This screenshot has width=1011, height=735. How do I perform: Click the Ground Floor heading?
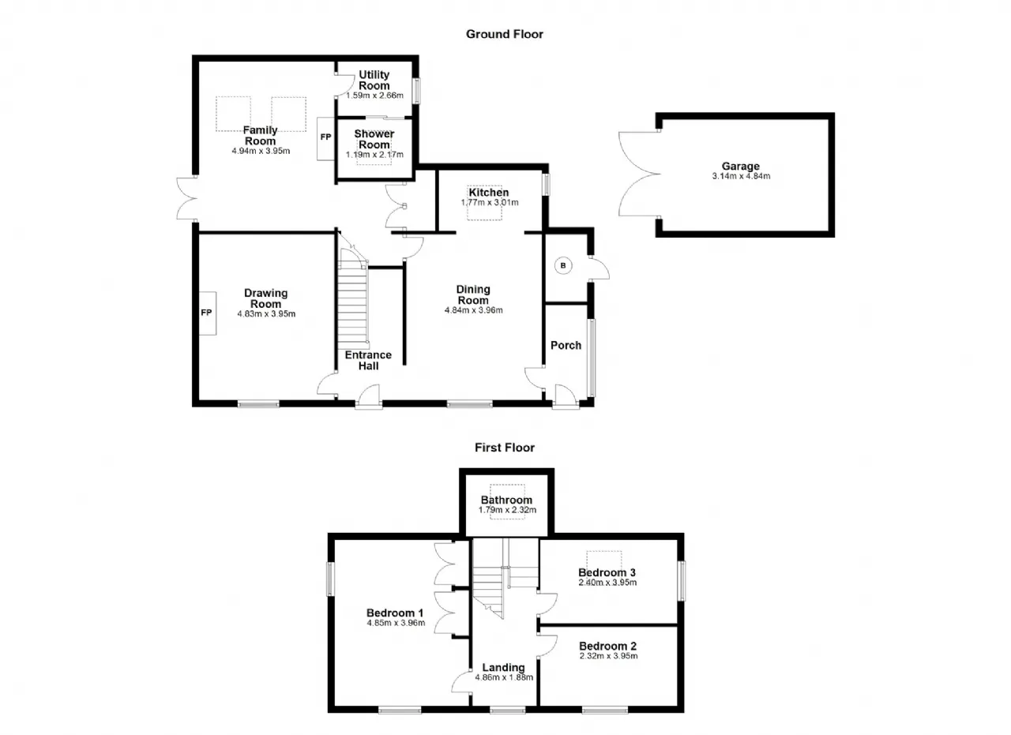(x=504, y=34)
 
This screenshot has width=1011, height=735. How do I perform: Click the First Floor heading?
(x=504, y=448)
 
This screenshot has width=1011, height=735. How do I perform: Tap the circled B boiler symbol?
(x=563, y=266)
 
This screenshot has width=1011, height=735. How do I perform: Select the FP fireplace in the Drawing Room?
(x=207, y=313)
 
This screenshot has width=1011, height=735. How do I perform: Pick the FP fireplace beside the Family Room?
(x=325, y=138)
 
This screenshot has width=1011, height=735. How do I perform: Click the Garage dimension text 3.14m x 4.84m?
(x=741, y=176)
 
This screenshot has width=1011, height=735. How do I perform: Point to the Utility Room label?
(x=374, y=80)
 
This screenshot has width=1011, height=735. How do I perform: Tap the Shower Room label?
(x=374, y=139)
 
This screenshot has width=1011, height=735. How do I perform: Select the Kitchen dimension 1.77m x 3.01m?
(x=489, y=203)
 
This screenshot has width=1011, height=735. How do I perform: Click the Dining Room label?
(x=473, y=294)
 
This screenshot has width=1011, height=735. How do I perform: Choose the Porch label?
(x=566, y=346)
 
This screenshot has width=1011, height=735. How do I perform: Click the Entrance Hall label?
(x=368, y=360)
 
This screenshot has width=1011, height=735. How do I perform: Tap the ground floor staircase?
(x=353, y=298)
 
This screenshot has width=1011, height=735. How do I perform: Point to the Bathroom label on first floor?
(x=506, y=500)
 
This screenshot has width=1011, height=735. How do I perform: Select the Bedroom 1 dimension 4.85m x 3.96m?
(x=396, y=623)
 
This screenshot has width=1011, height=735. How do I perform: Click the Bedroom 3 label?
(x=607, y=572)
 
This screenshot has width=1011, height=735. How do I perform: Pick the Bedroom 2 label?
(x=608, y=646)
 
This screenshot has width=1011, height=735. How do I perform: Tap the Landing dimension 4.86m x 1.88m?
(x=504, y=677)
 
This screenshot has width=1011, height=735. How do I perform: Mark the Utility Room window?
(x=417, y=91)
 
